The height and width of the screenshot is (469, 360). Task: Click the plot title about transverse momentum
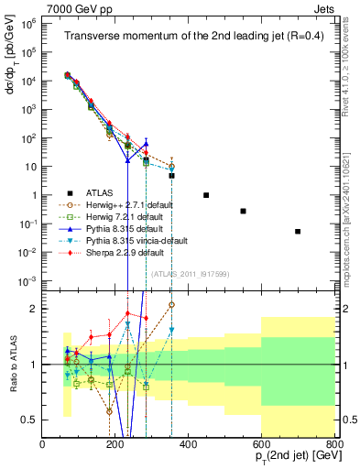[189, 37]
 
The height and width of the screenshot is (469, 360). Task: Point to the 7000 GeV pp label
[74, 8]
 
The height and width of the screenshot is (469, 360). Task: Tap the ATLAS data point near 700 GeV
[298, 232]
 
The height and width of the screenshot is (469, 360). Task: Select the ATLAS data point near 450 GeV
[206, 195]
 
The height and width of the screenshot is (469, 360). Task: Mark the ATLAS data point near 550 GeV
[243, 211]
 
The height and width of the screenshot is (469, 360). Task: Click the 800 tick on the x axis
[334, 443]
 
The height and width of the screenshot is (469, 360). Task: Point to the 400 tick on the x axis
[189, 443]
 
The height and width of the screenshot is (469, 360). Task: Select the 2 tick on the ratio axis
[35, 309]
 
